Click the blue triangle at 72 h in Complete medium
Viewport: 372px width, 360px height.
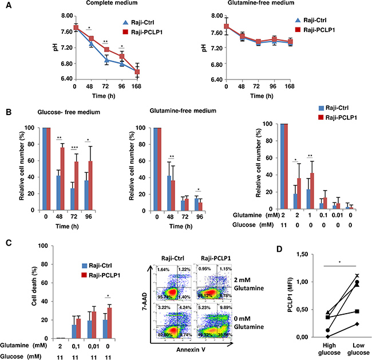click(107, 60)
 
